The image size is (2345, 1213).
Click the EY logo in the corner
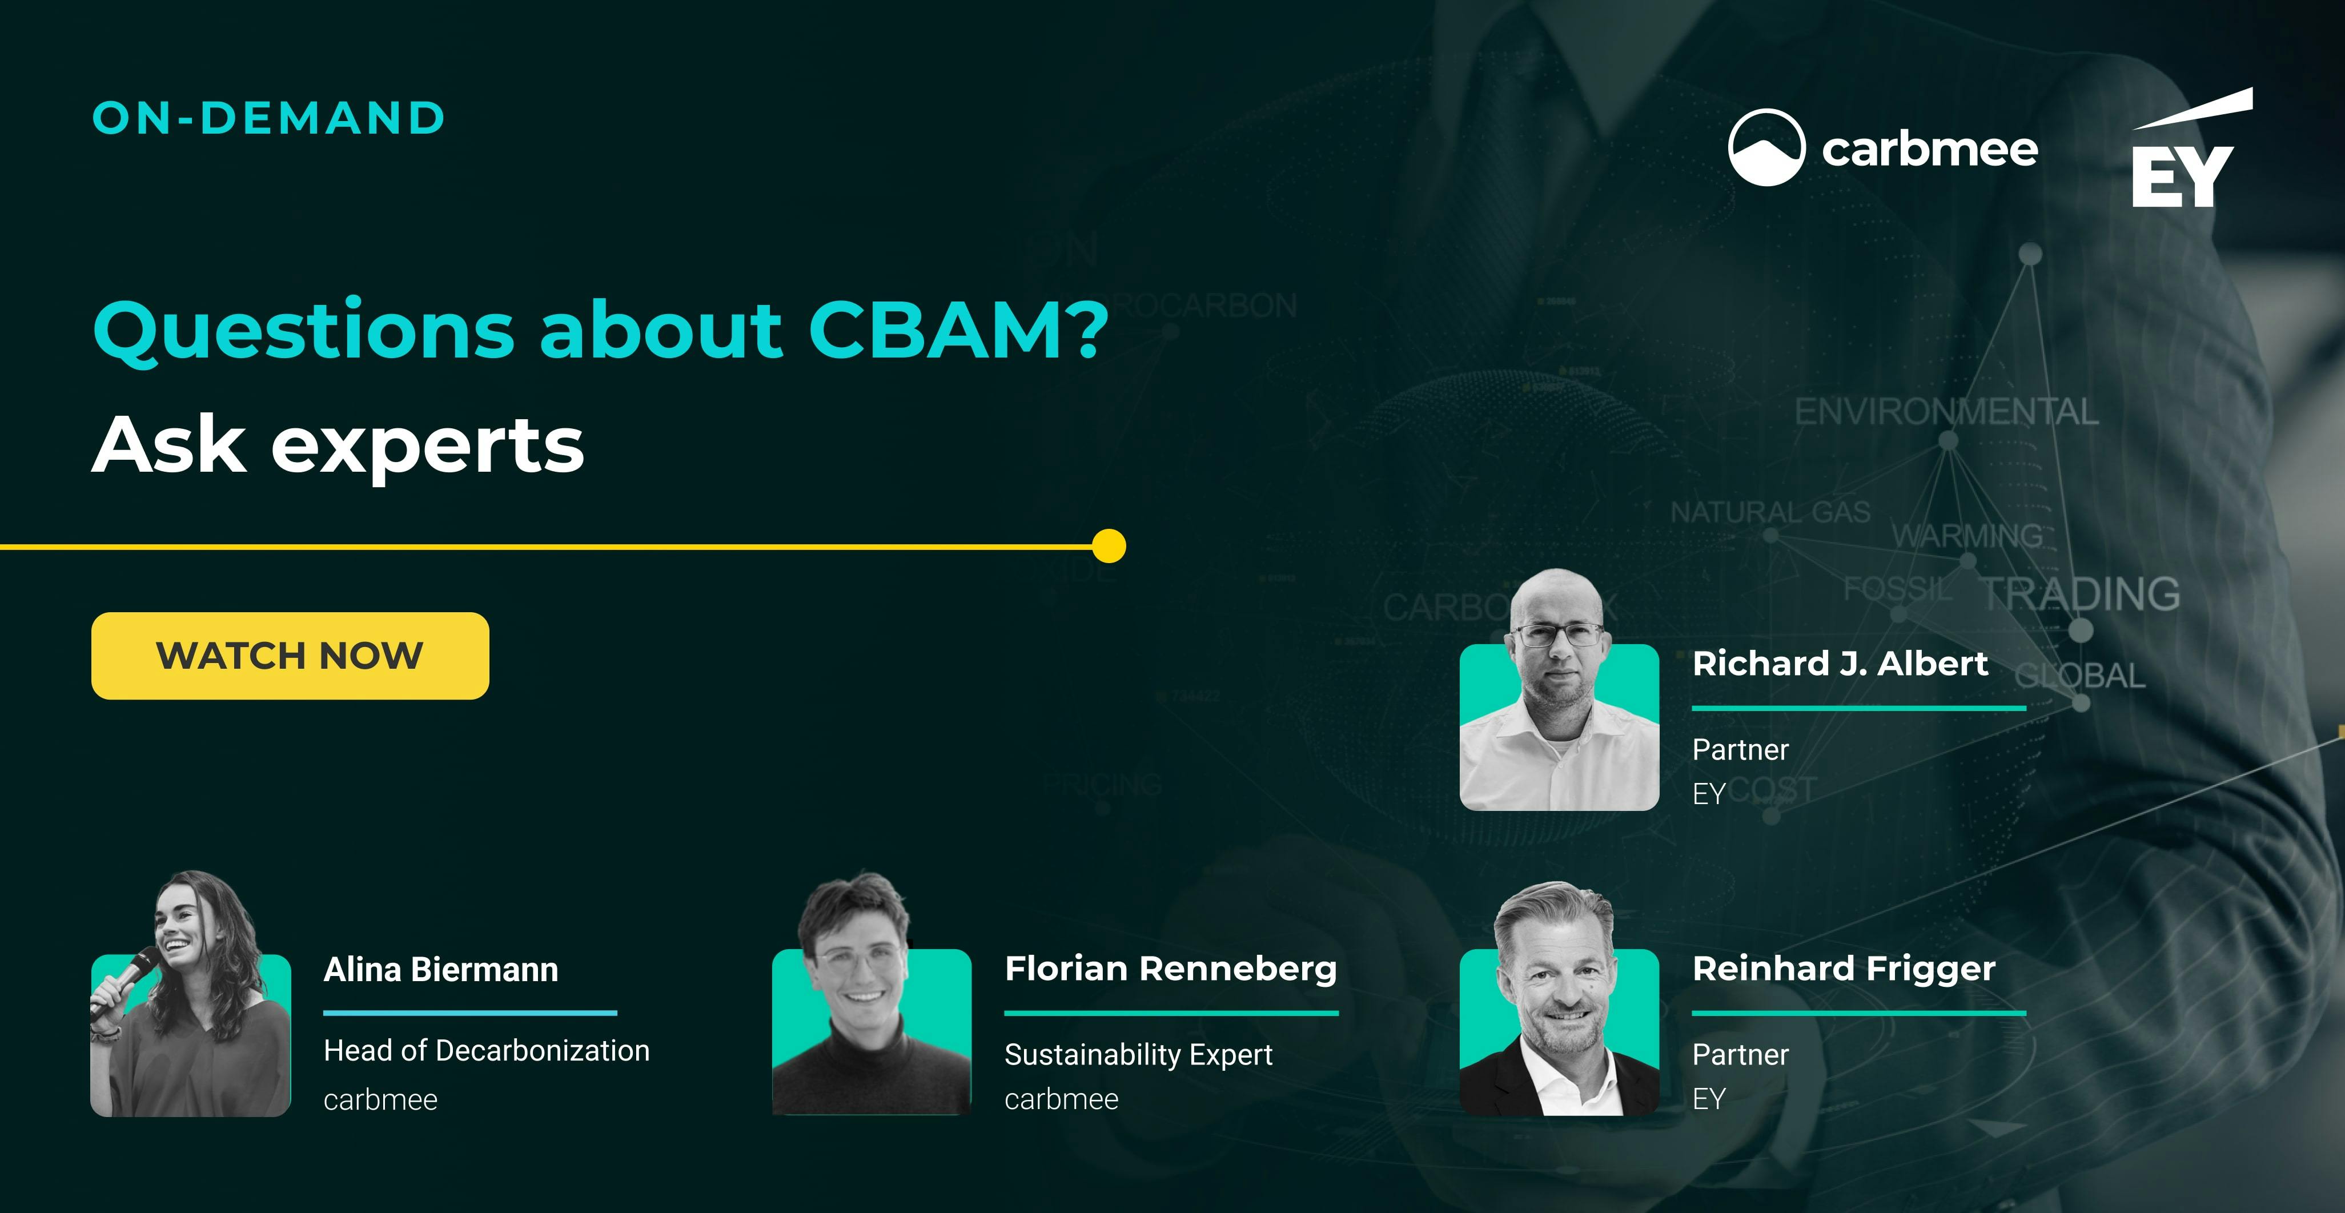2185,155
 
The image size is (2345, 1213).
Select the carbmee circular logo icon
1766,147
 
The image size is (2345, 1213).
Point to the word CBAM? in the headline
958,330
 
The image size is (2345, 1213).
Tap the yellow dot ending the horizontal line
1108,546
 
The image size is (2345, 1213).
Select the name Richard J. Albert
1840,664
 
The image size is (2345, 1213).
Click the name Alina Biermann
440,970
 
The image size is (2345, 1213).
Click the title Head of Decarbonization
486,1051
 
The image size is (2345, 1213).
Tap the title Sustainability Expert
1138,1055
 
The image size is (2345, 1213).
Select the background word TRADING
2081,594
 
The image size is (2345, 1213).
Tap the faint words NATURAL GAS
1770,512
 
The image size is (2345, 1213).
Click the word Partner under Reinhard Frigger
1740,1055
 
